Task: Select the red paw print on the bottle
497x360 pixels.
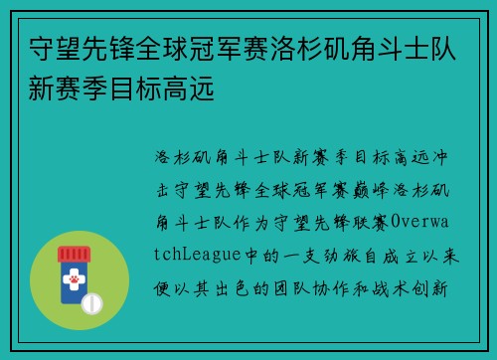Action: pos(73,285)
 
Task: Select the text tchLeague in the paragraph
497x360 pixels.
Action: pos(199,254)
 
